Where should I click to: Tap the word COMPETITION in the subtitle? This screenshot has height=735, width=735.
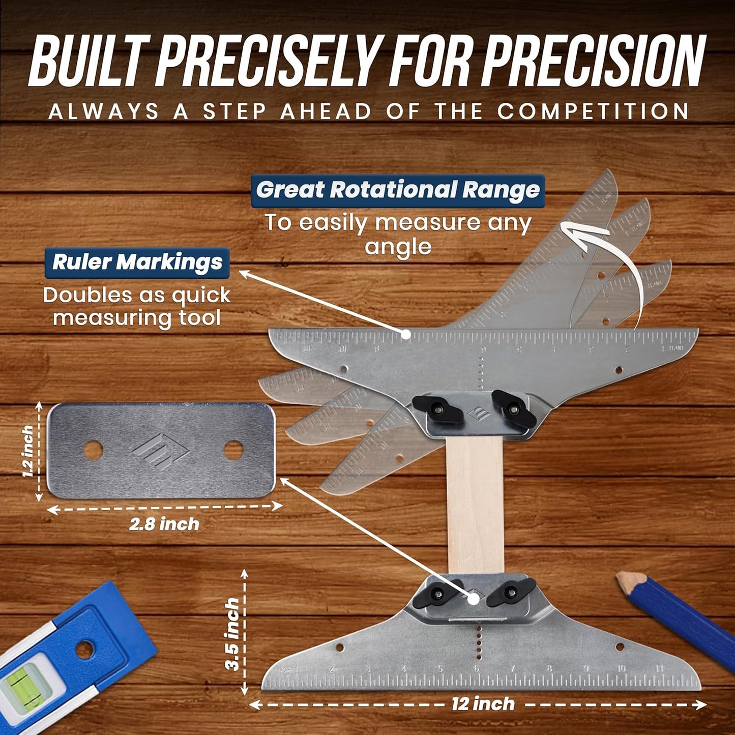(x=593, y=111)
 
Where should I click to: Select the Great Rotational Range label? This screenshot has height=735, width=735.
(x=398, y=190)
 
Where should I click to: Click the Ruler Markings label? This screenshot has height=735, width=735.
(x=137, y=262)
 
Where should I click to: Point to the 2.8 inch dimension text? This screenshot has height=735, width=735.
(x=164, y=524)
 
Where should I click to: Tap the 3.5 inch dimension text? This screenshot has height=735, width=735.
(x=232, y=634)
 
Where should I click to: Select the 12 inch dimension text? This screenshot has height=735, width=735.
(x=483, y=704)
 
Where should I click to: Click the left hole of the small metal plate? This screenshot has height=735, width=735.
(x=93, y=450)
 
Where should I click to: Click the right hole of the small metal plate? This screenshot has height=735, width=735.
(x=233, y=450)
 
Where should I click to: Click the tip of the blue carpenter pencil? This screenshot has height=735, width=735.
(x=621, y=578)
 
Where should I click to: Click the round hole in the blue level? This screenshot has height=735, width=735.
(x=84, y=648)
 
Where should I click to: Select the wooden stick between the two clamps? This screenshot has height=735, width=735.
(x=475, y=504)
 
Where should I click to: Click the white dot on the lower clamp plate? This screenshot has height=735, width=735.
(x=473, y=598)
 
